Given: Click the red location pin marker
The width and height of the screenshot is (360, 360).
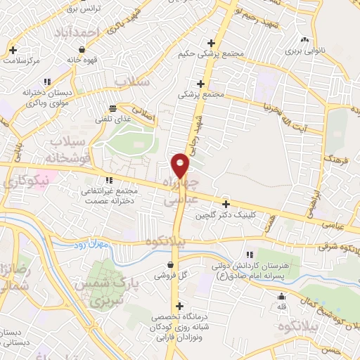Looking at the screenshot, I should coord(181,165).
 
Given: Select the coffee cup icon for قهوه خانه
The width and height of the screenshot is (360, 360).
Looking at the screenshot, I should coord(83,50).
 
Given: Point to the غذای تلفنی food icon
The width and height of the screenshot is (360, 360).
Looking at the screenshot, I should coord(112,108).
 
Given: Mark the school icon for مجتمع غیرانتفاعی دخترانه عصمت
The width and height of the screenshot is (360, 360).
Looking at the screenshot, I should coord(108,180).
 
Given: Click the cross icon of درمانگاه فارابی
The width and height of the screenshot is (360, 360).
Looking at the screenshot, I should coord(181,306).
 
